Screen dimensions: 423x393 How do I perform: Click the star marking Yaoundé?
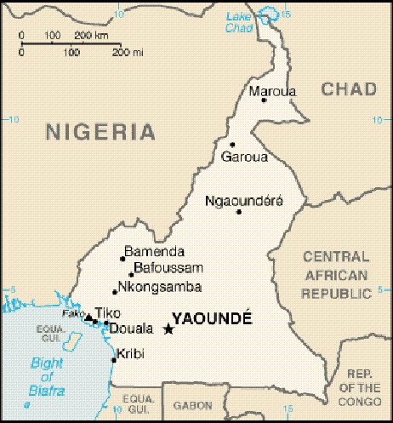click(168, 329)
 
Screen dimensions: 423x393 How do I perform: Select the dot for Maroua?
click(264, 100)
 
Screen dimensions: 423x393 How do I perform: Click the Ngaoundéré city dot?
click(239, 212)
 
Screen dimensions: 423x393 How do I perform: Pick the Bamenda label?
click(154, 252)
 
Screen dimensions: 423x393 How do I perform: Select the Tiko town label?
click(108, 312)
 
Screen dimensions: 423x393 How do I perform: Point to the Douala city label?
click(131, 328)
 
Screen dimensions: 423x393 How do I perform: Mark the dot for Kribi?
click(114, 360)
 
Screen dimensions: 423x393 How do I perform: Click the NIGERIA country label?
click(101, 132)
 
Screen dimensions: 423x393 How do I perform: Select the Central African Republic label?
click(336, 275)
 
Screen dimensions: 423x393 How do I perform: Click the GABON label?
click(192, 407)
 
